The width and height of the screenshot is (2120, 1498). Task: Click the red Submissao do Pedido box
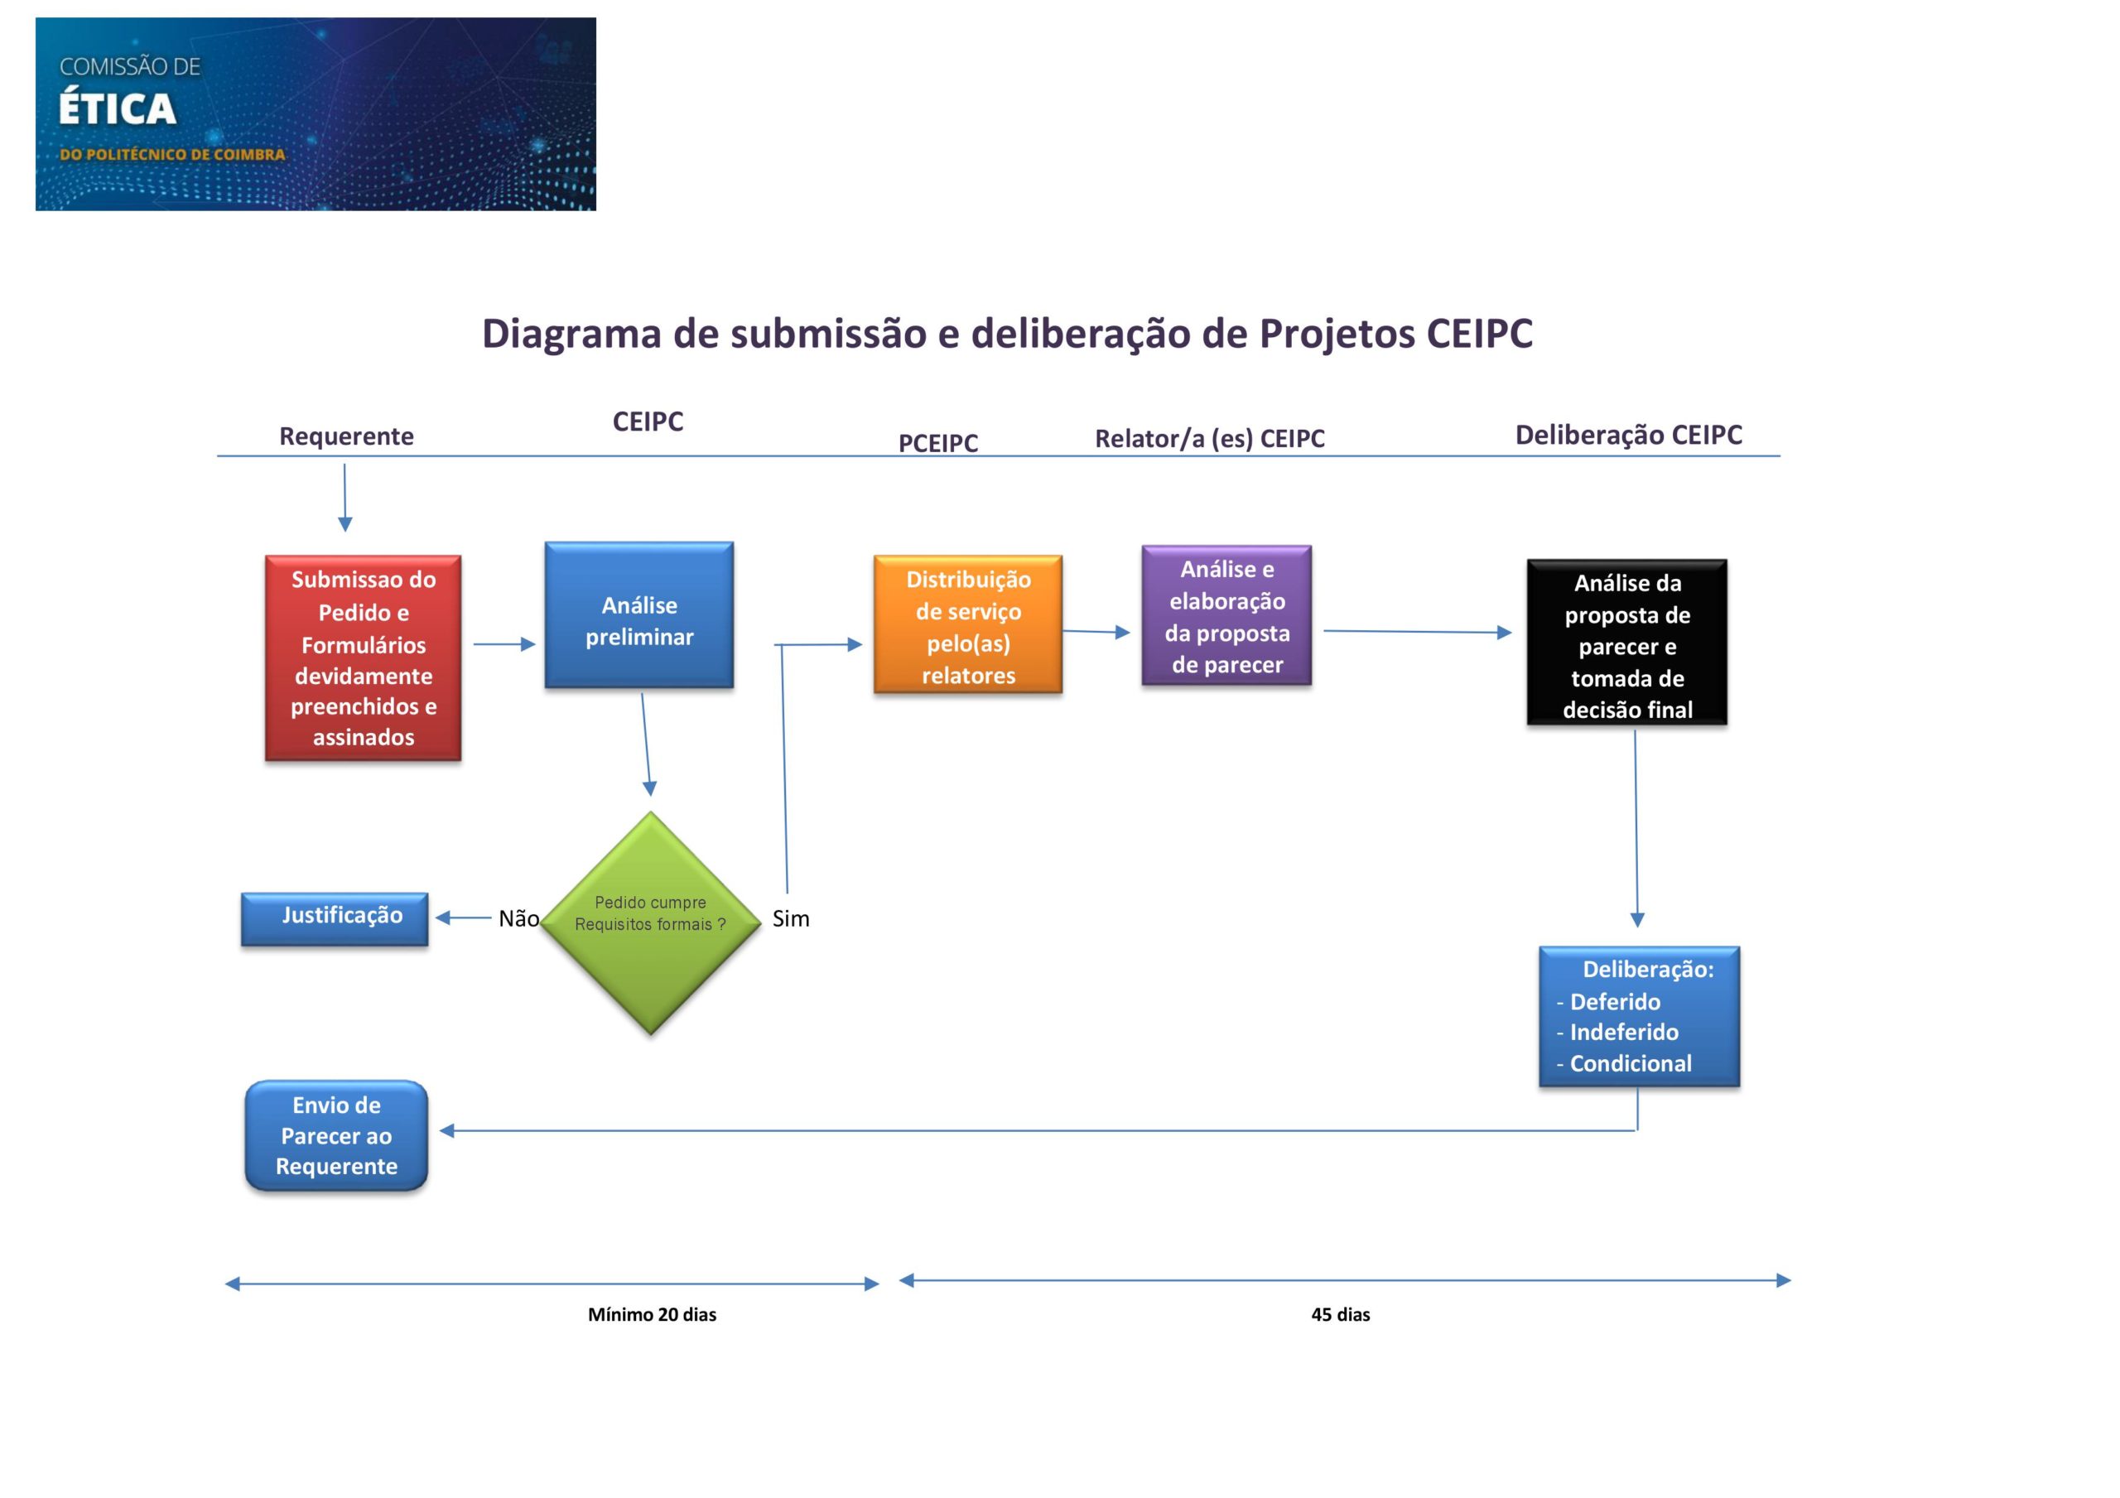pos(363,657)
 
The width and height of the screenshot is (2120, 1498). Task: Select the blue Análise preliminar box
pos(639,615)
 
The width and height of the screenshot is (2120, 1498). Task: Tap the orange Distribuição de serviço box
pos(968,624)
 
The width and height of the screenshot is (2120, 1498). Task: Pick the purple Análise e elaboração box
pos(1226,615)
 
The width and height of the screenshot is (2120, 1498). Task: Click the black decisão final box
pos(1627,642)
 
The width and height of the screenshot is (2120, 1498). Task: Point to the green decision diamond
pos(650,922)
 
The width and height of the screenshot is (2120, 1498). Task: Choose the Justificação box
pos(335,919)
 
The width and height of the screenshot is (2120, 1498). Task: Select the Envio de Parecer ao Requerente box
pos(336,1135)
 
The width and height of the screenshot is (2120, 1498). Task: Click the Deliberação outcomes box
pos(1639,1016)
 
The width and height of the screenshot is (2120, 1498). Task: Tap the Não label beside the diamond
pos(519,919)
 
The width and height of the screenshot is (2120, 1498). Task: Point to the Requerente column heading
pos(346,436)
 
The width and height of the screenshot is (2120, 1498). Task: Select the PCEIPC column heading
pos(938,443)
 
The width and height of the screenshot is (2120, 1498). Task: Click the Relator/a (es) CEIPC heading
pos(1210,439)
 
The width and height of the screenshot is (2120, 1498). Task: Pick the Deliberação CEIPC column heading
pos(1629,435)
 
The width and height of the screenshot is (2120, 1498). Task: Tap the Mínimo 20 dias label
pos(652,1314)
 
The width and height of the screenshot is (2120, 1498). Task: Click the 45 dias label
pos(1341,1314)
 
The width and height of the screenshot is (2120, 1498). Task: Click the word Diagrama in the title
pos(571,335)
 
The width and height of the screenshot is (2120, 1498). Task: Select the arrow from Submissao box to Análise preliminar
pos(504,643)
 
